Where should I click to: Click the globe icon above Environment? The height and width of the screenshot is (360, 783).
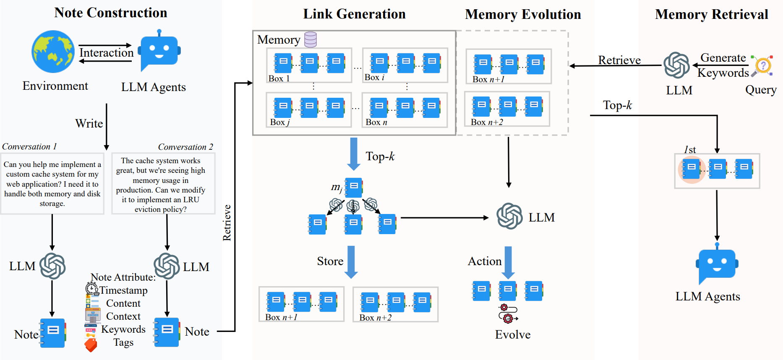click(53, 52)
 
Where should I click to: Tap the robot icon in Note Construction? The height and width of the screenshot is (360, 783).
click(160, 50)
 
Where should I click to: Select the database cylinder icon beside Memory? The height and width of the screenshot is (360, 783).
click(311, 39)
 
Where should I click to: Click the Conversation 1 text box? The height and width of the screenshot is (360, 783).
click(52, 184)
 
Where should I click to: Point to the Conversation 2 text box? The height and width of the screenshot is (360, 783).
click(164, 184)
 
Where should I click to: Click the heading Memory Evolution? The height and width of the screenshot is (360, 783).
click(523, 14)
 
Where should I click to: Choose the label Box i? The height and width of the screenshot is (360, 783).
click(374, 77)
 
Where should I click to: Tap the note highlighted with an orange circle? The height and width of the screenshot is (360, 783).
click(691, 170)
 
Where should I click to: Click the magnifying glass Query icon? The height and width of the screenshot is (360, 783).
click(762, 66)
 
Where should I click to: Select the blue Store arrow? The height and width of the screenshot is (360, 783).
click(351, 262)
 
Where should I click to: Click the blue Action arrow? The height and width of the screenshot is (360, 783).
click(508, 263)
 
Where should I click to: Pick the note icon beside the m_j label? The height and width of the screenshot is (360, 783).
click(354, 188)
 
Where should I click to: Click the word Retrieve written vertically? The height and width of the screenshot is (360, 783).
click(227, 223)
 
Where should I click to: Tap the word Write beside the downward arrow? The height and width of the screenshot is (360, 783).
click(89, 123)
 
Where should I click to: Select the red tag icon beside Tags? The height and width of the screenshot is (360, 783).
click(91, 345)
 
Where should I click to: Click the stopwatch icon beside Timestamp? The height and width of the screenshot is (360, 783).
click(92, 289)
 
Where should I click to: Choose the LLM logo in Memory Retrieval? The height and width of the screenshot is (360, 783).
click(676, 65)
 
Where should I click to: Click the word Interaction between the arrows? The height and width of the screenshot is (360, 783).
click(107, 53)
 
